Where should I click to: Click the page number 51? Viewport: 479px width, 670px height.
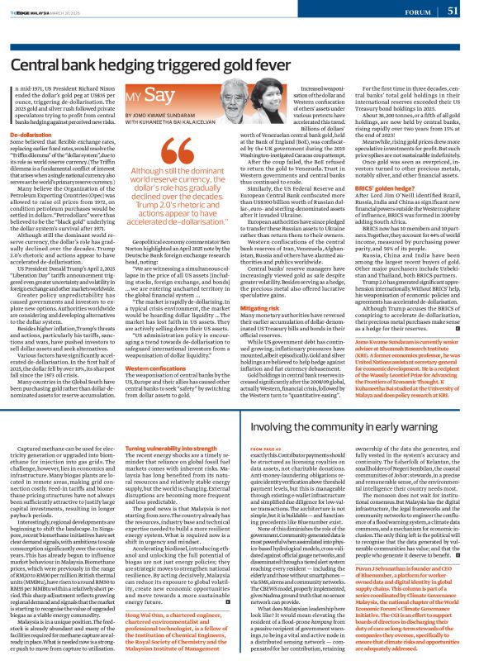pyautogui.click(x=453, y=11)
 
